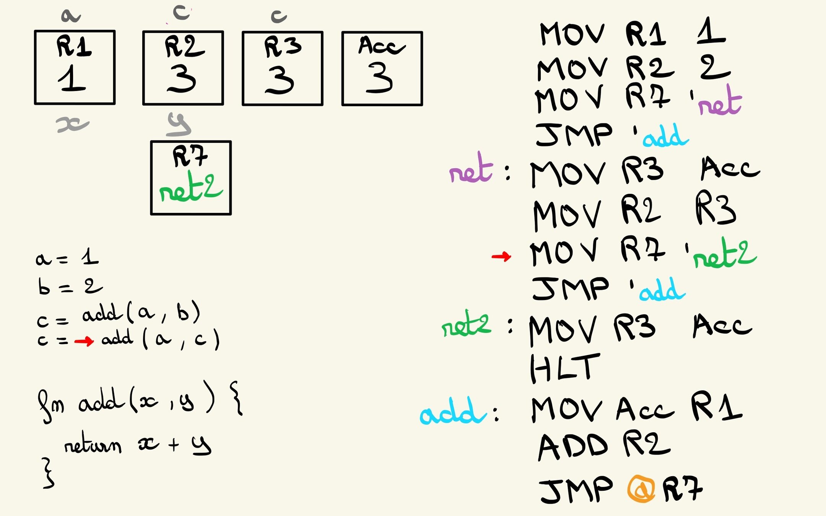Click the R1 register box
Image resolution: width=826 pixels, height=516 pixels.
(75, 67)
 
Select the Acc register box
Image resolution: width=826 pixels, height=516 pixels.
(382, 68)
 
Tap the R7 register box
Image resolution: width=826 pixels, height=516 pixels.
(191, 178)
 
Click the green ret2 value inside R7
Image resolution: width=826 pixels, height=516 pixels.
(190, 188)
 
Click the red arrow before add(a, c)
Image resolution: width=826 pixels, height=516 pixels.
(84, 341)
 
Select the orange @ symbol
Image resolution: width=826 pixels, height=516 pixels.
(641, 489)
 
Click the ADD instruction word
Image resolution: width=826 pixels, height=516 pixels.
(572, 446)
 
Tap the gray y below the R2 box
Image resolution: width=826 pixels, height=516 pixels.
(179, 125)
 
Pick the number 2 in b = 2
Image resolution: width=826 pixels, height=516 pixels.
(93, 286)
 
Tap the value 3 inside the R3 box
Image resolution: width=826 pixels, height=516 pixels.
(280, 80)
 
